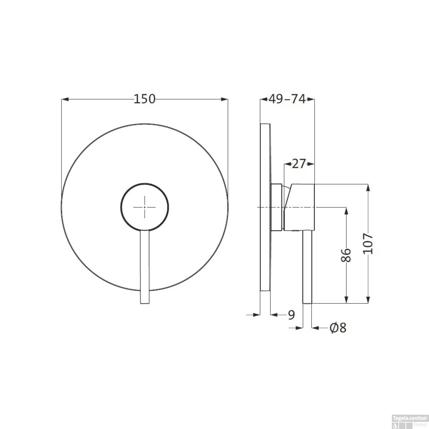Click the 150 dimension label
click(144, 99)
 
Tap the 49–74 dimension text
click(287, 99)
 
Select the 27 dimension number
click(299, 164)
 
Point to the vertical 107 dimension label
click(368, 244)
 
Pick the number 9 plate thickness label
click(291, 315)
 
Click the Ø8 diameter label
click(338, 328)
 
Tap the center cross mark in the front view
click(145, 207)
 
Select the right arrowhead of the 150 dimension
click(225, 99)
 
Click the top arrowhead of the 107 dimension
click(368, 187)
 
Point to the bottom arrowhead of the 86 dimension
click(346, 300)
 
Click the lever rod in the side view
click(307, 266)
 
